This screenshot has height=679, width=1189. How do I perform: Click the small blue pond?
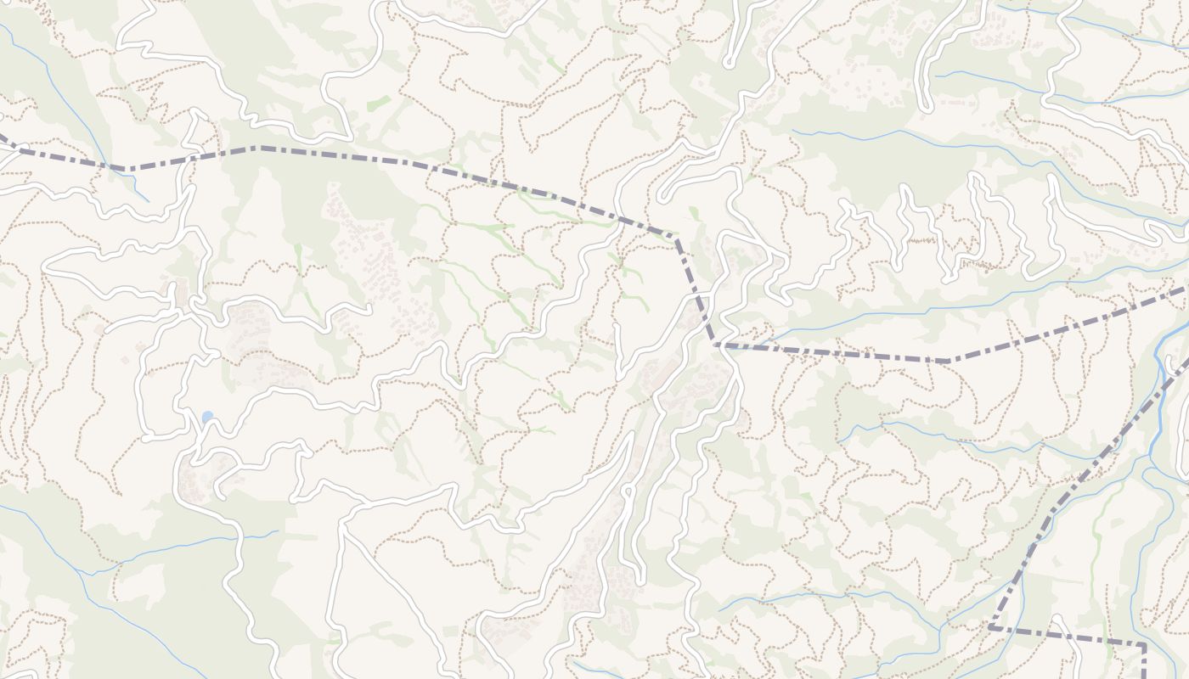[207, 417]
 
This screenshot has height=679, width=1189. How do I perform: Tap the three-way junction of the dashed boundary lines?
[716, 345]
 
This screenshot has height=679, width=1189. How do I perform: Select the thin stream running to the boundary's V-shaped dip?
[93, 136]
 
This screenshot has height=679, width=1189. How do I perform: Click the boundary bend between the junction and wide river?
[947, 362]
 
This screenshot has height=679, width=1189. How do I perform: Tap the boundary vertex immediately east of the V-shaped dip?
[255, 149]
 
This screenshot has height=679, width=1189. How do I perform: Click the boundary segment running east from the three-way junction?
[832, 352]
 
